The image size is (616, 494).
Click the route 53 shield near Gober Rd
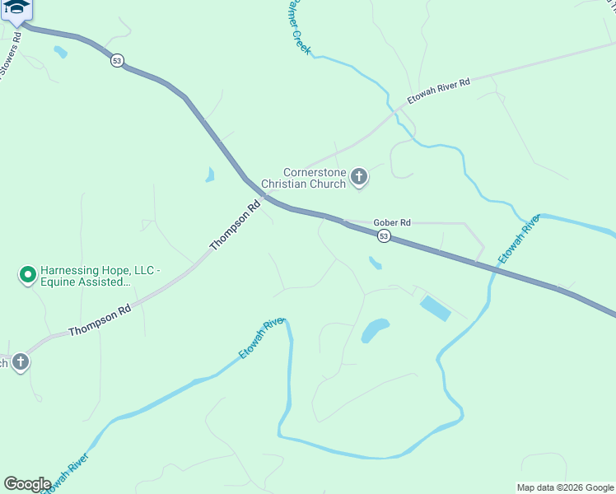384,236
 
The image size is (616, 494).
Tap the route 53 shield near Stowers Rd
118,62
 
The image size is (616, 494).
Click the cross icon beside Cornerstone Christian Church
358,176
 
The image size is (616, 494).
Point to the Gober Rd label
392,222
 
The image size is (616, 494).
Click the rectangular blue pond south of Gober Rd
435,309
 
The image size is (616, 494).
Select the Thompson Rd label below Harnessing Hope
100,320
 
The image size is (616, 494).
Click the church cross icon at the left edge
20,361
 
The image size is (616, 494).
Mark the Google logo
26,484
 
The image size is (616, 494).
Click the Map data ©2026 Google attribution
565,487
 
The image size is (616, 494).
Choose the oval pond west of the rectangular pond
375,330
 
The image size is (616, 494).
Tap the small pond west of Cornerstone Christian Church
210,175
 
